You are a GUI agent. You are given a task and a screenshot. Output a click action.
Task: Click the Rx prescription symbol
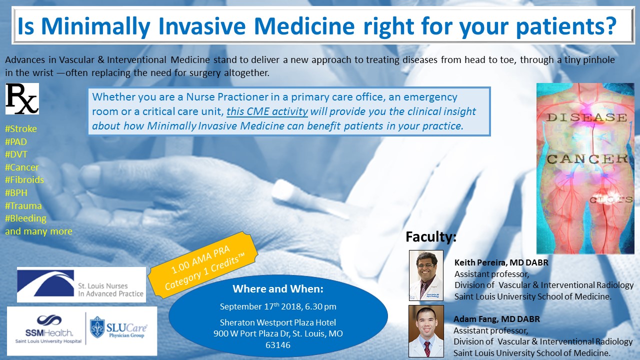[x=22, y=99]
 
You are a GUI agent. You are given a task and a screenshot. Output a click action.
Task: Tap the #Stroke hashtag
[x=21, y=129]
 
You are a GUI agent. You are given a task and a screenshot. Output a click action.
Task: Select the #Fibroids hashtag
[x=24, y=180]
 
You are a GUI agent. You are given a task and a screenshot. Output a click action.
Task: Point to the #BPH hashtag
[x=16, y=193]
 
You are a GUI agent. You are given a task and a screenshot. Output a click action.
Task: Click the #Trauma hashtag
[x=23, y=206]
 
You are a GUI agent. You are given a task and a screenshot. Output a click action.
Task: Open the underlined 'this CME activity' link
[x=267, y=111]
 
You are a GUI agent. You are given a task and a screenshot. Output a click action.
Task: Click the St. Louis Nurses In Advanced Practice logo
[x=81, y=284]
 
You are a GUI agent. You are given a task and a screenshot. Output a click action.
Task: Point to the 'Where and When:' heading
[x=278, y=289]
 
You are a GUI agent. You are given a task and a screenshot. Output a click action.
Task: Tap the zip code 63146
[x=278, y=344]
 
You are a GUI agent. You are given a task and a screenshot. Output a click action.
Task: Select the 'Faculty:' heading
[x=430, y=236]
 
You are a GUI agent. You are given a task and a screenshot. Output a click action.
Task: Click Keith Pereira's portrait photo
[x=426, y=275]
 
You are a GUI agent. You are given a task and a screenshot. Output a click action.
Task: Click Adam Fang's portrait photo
[x=426, y=330]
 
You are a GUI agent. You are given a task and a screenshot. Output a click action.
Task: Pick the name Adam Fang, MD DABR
[x=496, y=319]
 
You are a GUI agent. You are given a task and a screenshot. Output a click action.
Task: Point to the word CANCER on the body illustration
[x=587, y=159]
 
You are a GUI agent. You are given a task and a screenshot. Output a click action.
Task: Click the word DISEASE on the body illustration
[x=586, y=118]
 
